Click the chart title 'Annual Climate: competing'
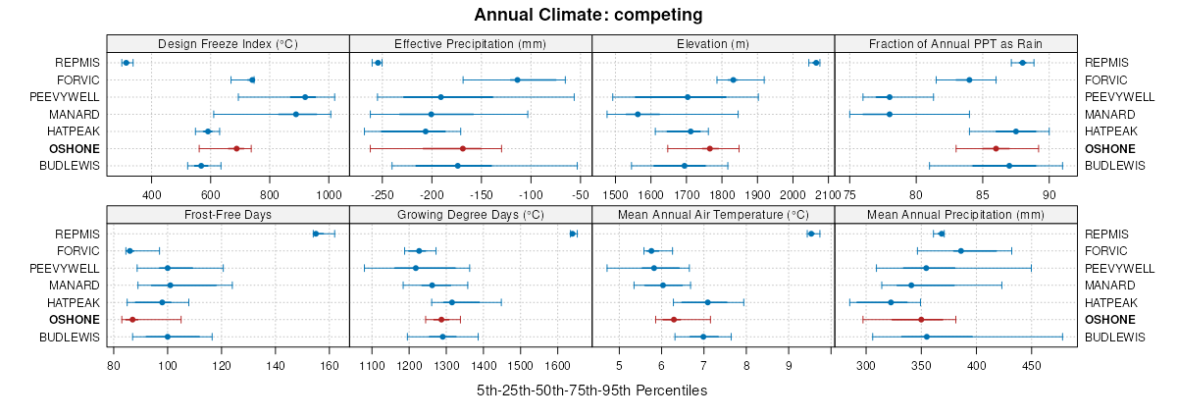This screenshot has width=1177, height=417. point(588,15)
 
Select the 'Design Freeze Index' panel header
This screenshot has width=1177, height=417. point(228,43)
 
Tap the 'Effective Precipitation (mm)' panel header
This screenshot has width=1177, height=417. point(470,43)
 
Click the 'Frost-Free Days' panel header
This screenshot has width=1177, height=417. point(228,214)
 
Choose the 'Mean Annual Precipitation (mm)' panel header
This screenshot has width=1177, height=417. point(955,214)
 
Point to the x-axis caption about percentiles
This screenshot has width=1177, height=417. point(591,391)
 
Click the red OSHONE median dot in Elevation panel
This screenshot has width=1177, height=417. point(709,148)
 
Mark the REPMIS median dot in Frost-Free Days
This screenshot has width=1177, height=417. point(316,234)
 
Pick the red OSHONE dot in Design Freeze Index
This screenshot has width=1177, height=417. point(236,148)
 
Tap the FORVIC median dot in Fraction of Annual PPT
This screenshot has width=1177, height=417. point(969,79)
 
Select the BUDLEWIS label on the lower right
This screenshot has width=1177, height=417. point(1115,337)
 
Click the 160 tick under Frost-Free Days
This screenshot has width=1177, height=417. point(330,365)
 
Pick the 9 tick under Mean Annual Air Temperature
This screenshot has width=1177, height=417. point(789,365)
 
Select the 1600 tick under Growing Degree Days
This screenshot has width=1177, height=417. point(558,365)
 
